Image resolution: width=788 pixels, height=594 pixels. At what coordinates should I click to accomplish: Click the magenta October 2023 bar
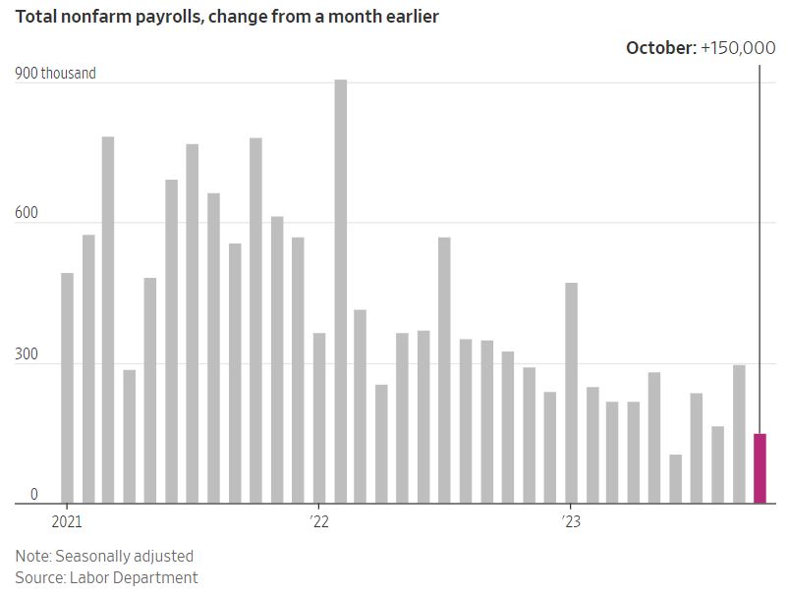pyautogui.click(x=760, y=468)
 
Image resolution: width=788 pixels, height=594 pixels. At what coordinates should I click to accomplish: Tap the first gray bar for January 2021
pyautogui.click(x=67, y=388)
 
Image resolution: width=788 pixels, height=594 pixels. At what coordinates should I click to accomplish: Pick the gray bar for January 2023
pyautogui.click(x=571, y=393)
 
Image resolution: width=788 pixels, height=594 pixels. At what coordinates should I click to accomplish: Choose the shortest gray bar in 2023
pyautogui.click(x=676, y=479)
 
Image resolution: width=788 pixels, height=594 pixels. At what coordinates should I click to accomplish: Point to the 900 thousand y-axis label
pyautogui.click(x=55, y=73)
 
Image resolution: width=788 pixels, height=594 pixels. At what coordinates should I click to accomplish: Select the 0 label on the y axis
pyautogui.click(x=33, y=496)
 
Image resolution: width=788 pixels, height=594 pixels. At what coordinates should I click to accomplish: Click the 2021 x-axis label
pyautogui.click(x=67, y=521)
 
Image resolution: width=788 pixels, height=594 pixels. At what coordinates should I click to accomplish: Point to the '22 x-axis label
pyautogui.click(x=319, y=521)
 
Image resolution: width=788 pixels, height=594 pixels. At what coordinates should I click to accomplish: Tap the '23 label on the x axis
pyautogui.click(x=571, y=521)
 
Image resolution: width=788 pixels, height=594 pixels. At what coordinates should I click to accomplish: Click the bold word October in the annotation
pyautogui.click(x=660, y=47)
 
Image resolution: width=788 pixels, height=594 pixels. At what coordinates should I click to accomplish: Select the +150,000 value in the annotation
pyautogui.click(x=738, y=47)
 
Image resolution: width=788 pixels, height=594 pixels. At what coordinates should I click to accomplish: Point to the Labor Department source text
pyautogui.click(x=134, y=577)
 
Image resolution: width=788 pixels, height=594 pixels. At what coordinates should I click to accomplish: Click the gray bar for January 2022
pyautogui.click(x=319, y=418)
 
